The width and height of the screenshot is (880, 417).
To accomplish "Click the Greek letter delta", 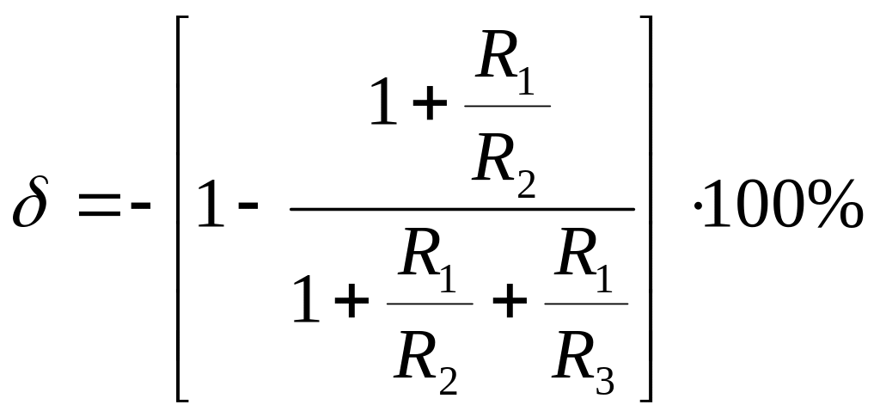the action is click(31, 201).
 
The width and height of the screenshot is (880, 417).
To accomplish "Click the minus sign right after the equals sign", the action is click(141, 205).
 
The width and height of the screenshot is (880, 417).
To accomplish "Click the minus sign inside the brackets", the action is click(248, 205).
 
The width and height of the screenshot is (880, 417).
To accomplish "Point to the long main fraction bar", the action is click(461, 209).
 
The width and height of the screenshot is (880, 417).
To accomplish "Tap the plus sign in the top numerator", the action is click(430, 103).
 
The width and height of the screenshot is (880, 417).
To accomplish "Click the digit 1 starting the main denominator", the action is click(306, 298).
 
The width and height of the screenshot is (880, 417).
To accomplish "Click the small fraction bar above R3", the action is click(586, 304).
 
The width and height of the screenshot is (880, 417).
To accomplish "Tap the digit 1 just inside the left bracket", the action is click(211, 203).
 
